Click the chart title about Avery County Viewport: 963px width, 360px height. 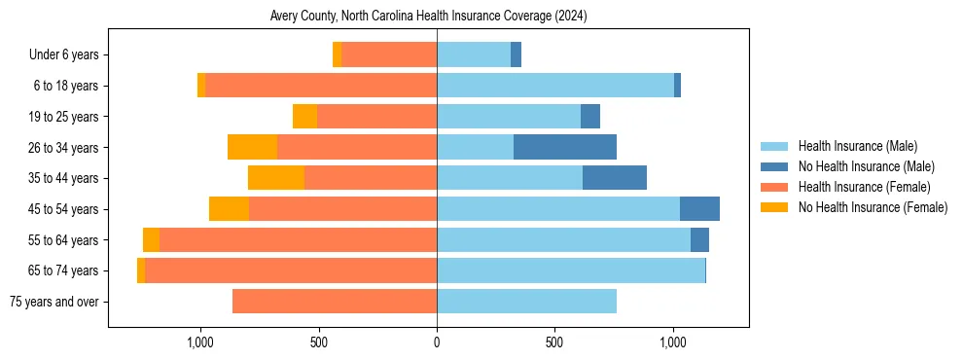[428, 17]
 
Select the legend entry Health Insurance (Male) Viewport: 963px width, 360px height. [857, 146]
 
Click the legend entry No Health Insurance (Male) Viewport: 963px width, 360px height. [866, 166]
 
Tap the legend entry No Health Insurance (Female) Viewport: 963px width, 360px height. [873, 207]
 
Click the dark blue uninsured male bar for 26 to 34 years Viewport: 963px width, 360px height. [565, 147]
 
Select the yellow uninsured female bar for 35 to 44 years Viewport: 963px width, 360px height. [276, 178]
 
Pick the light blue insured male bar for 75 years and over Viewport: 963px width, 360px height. [526, 302]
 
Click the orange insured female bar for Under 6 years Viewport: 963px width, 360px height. [389, 54]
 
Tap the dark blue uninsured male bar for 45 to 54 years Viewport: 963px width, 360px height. [699, 209]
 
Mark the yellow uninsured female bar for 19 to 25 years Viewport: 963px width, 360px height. [305, 117]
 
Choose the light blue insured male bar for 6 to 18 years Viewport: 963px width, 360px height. [554, 86]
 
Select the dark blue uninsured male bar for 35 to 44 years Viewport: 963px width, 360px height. [615, 178]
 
